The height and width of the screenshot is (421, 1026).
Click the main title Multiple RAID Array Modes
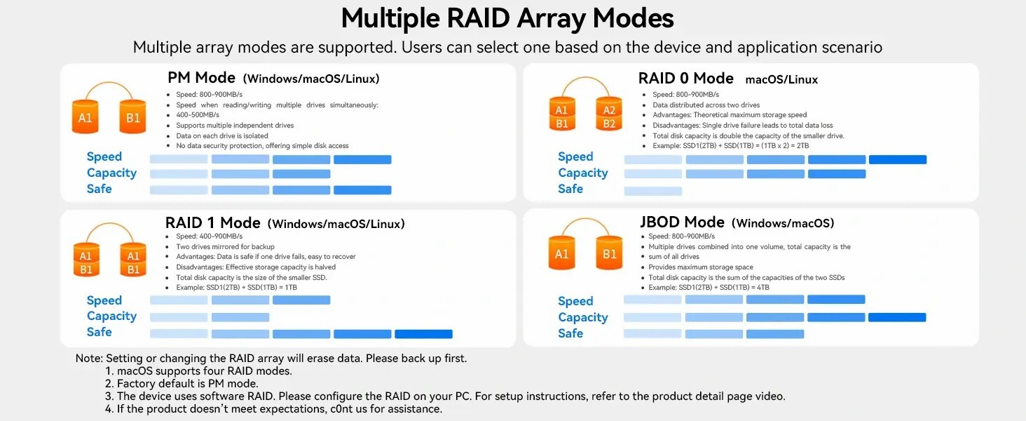(x=507, y=18)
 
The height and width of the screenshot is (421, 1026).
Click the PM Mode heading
(x=201, y=77)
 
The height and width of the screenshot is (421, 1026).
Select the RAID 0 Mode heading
(x=685, y=79)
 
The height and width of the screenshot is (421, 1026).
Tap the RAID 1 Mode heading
(x=212, y=223)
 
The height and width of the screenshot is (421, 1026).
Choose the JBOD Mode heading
(x=681, y=222)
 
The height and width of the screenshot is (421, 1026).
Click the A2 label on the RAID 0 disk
(x=609, y=110)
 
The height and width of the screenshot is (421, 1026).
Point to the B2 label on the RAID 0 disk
(x=609, y=124)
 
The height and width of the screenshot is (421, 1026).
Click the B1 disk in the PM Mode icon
(x=132, y=118)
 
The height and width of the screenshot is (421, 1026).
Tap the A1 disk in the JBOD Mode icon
(x=561, y=254)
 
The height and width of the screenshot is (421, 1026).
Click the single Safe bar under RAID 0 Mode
(x=652, y=191)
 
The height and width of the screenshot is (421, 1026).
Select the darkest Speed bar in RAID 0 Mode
(x=897, y=160)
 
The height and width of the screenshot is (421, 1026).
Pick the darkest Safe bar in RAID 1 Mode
(x=423, y=334)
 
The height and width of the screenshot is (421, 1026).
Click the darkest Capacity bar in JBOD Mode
(x=897, y=318)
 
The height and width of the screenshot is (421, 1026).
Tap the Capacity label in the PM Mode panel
(x=111, y=173)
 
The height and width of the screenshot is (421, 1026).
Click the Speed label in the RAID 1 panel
(x=104, y=300)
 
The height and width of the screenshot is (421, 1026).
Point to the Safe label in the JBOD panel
(x=570, y=333)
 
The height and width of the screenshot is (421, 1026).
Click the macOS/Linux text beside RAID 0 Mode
(x=781, y=80)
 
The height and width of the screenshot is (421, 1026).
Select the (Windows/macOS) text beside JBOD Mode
(x=783, y=224)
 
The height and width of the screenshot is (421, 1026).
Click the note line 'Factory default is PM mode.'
(x=187, y=383)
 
